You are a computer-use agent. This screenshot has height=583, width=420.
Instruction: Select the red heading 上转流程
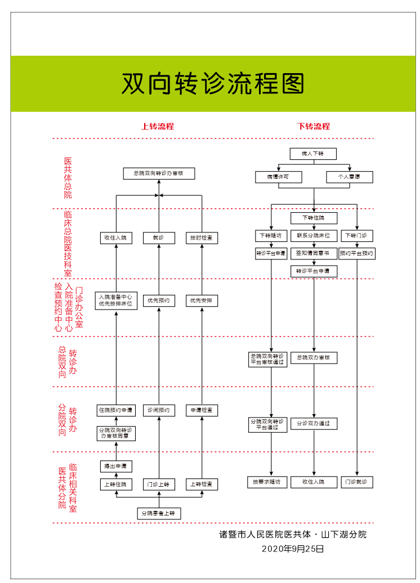[x=158, y=126]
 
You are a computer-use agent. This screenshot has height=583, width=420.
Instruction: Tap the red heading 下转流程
[x=314, y=126]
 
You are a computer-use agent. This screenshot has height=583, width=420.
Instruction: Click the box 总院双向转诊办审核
[x=159, y=173]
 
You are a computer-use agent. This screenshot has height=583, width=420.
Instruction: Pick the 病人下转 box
[x=314, y=154]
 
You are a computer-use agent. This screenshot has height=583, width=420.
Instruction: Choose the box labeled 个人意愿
[x=349, y=177]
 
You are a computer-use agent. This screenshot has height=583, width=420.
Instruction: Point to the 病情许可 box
[x=279, y=177]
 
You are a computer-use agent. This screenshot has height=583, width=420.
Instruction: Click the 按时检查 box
[x=202, y=238]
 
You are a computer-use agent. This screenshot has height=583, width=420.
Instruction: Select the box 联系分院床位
[x=314, y=235]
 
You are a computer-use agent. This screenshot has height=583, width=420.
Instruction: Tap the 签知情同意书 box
[x=314, y=253]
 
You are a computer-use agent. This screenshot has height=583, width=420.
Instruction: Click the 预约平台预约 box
[x=357, y=253]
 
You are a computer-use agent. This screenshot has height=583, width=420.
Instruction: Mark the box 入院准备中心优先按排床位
[x=116, y=301]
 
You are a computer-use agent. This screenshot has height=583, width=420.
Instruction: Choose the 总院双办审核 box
[x=314, y=357]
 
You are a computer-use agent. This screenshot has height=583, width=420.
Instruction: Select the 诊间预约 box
[x=159, y=410]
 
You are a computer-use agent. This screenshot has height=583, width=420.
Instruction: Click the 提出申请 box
[x=116, y=467]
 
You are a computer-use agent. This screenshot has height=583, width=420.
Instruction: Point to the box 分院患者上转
[x=159, y=513]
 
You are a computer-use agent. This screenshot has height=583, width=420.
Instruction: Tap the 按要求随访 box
[x=271, y=482]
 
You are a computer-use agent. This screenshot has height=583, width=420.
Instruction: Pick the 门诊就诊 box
[x=357, y=482]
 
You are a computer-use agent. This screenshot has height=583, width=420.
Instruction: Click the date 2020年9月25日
[x=293, y=548]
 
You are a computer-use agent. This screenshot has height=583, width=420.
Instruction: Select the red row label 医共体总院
[x=68, y=178]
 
